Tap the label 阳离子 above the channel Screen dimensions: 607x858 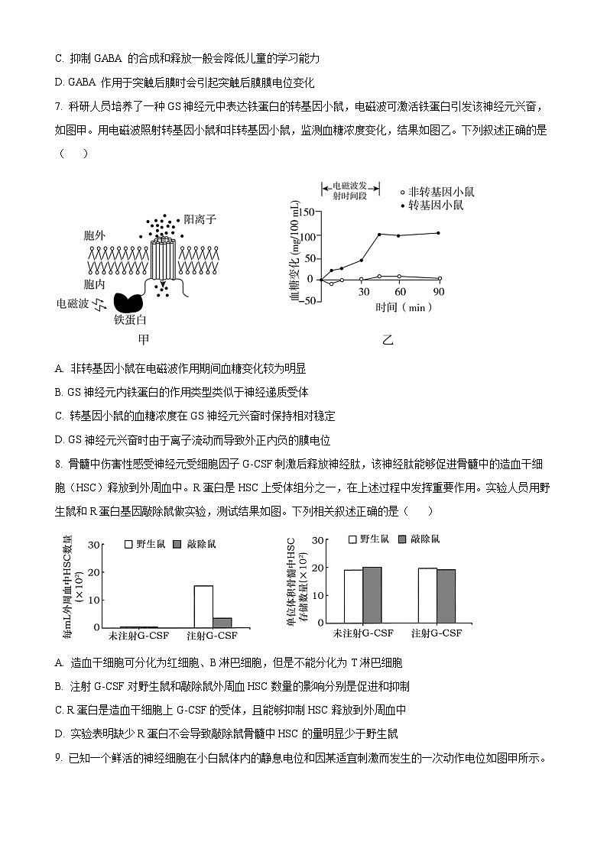200,219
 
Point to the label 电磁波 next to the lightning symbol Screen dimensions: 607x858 73,303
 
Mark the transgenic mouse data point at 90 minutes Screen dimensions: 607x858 439,233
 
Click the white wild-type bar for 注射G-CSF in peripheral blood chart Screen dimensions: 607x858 203,606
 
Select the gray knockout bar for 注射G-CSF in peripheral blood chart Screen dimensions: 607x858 222,622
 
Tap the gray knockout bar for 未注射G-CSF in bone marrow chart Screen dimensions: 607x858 372,595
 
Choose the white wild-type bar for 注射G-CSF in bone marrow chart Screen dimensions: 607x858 427,595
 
